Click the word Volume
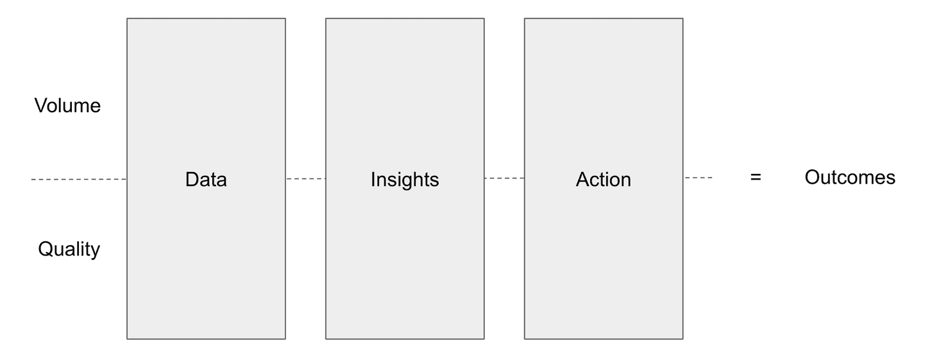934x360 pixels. click(67, 105)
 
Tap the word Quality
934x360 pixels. click(69, 249)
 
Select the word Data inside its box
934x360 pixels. click(206, 180)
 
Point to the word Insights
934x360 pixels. click(405, 180)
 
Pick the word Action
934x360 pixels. click(603, 180)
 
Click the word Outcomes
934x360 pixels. click(850, 177)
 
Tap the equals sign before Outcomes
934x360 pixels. click(756, 178)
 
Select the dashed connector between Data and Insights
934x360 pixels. click(305, 178)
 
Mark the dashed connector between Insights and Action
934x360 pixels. click(504, 178)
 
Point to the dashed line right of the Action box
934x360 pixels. click(698, 178)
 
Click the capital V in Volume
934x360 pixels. click(41, 105)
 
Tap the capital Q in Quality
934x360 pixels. click(45, 248)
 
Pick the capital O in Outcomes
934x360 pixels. click(812, 177)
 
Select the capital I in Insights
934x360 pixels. click(373, 179)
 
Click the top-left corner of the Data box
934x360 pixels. click(127, 19)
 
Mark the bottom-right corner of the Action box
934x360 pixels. click(683, 338)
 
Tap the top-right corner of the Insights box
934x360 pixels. click(484, 19)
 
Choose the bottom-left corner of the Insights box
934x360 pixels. click(326, 338)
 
